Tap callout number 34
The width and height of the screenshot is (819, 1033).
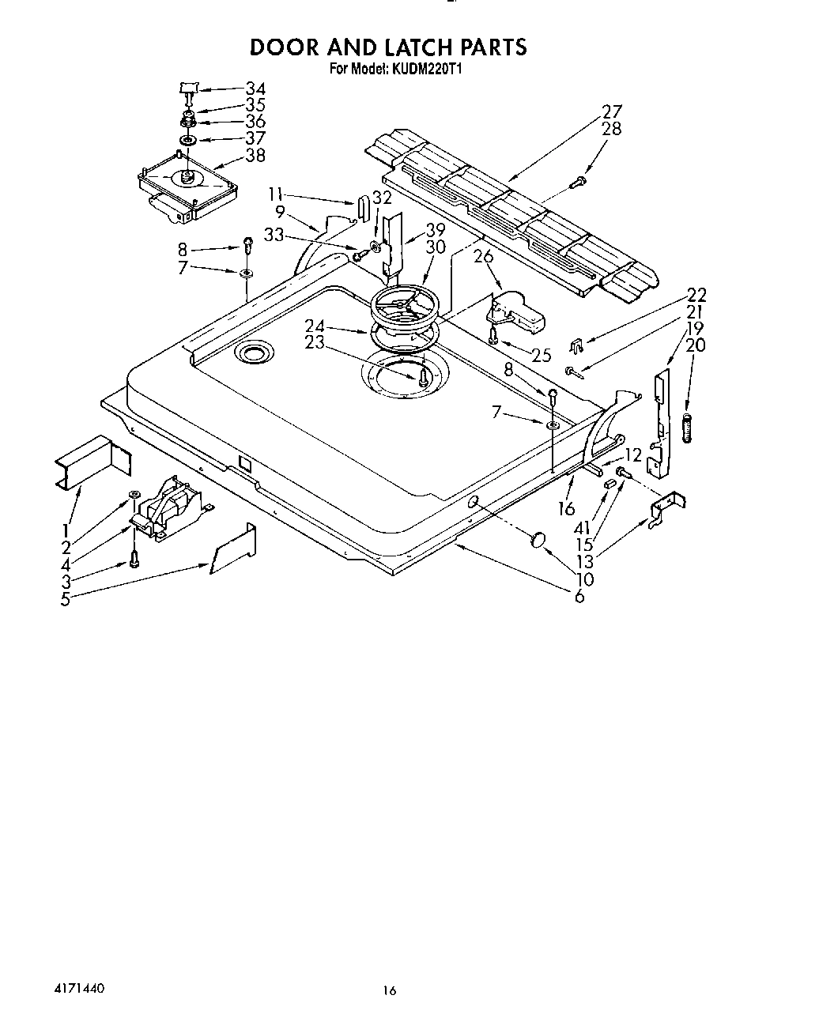255,89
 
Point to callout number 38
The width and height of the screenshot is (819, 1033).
255,156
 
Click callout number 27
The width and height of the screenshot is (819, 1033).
611,111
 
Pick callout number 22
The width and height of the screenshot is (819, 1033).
696,295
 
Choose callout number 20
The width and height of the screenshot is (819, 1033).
696,345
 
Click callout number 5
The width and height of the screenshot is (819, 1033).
65,598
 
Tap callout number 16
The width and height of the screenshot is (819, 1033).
566,509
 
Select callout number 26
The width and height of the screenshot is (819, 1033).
483,256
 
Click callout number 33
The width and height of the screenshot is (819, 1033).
274,234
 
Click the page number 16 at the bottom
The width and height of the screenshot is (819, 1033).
387,990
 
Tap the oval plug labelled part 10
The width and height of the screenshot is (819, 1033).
539,540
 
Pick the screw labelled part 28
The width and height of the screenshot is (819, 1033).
576,184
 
